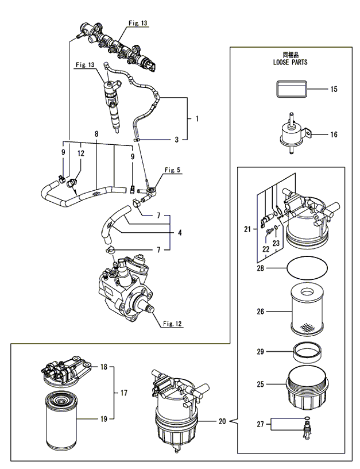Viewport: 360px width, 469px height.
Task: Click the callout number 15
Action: [x=333, y=90]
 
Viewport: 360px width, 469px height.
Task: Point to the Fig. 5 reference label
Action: [x=172, y=170]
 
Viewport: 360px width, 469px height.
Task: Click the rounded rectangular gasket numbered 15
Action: [x=292, y=90]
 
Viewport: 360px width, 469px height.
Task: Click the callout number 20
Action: [x=222, y=421]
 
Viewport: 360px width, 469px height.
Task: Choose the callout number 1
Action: [x=196, y=119]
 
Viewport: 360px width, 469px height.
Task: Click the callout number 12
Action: [x=81, y=153]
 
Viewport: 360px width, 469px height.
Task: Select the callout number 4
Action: [x=180, y=233]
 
